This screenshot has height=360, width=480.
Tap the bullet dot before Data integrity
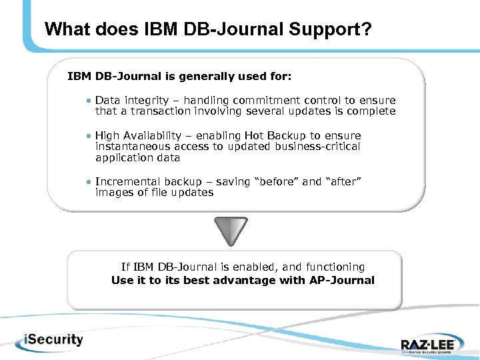[89, 100]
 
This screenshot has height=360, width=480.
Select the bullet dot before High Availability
[89, 135]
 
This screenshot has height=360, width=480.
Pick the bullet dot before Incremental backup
[89, 181]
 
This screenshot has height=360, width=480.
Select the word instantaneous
[133, 146]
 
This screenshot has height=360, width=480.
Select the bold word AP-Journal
[342, 280]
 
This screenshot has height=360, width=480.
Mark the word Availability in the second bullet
[154, 135]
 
